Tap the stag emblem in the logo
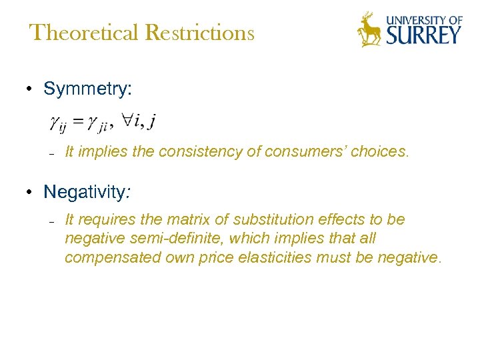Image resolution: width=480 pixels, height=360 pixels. [x=370, y=29]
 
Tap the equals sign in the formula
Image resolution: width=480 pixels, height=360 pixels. [x=79, y=121]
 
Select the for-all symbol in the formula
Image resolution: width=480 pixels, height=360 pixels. [x=126, y=120]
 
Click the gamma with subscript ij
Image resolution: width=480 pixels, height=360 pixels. [x=59, y=123]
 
